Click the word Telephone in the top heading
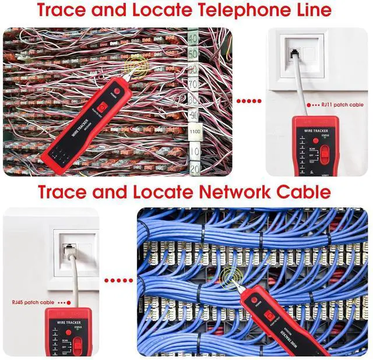tap(221, 10)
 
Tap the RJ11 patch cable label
tap(343, 105)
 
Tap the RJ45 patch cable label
tap(33, 303)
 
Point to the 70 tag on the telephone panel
tap(193, 84)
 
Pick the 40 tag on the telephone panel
tap(192, 39)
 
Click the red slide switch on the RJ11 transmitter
tap(325, 153)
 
